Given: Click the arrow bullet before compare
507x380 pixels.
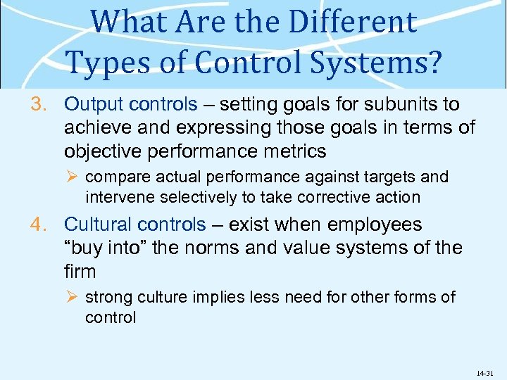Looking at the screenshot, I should click(73, 177).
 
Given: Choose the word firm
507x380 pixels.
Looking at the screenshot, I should click(80, 271).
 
